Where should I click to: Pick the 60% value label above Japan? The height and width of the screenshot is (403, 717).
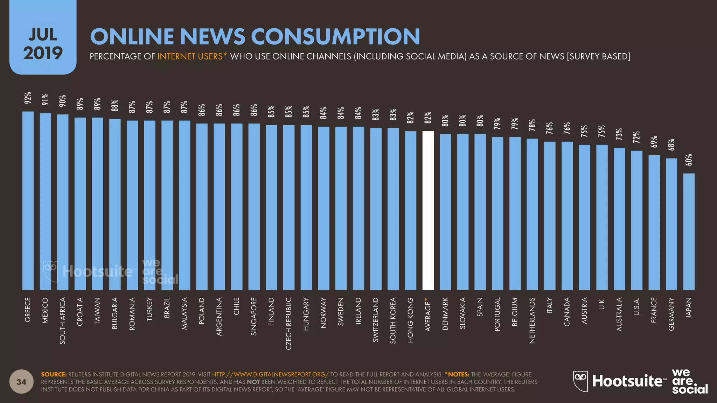pos(689,160)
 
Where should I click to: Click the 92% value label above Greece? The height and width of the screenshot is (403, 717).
pos(28,98)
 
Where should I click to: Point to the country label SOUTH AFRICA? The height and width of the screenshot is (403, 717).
pos(63,321)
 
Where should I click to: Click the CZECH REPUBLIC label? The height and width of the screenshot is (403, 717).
pos(289,323)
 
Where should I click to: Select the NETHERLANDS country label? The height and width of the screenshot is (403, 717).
pos(532,320)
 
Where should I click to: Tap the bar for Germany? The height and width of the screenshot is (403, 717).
pos(671,224)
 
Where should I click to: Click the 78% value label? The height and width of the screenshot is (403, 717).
pos(532,125)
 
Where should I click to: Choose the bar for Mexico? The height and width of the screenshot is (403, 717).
pos(46,201)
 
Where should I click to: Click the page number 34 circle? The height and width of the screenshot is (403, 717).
pos(21,382)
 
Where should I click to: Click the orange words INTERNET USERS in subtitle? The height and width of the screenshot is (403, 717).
pos(190,56)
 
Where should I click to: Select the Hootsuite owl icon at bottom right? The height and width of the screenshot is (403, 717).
pos(580,381)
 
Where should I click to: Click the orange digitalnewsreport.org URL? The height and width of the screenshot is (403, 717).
pos(270,374)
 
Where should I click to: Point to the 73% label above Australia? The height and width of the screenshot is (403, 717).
pos(619,134)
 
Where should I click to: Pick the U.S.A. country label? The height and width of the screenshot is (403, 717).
pos(636,306)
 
